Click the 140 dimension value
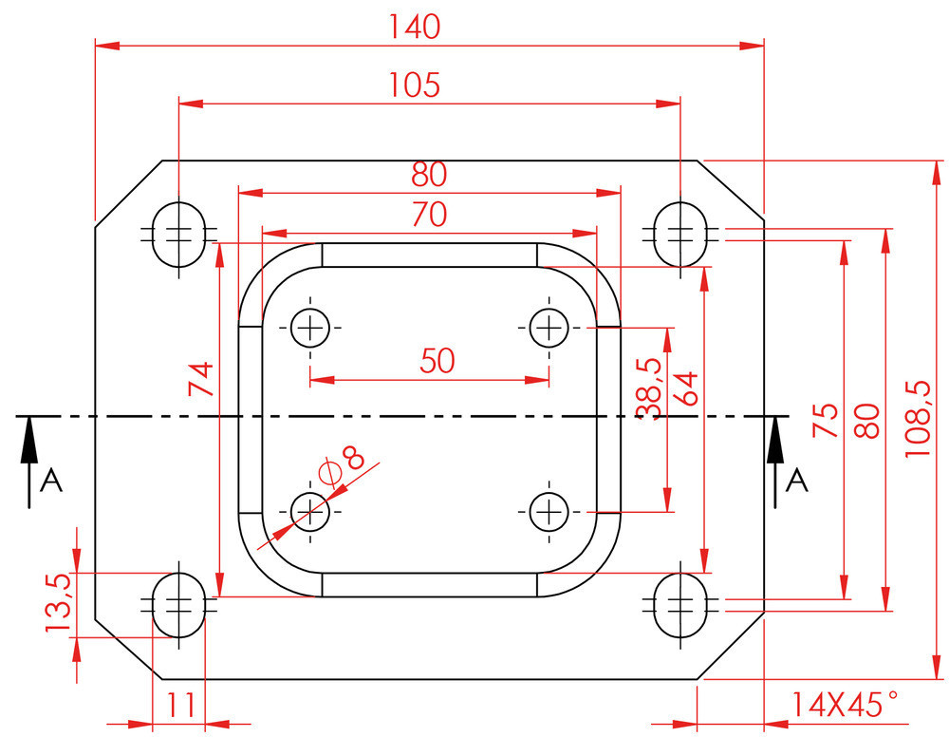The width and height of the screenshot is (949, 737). (x=415, y=28)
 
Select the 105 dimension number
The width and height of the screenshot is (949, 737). (x=415, y=85)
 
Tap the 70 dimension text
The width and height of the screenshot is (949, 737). (x=429, y=216)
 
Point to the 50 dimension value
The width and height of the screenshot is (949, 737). (x=437, y=361)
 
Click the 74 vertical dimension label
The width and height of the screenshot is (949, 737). (x=201, y=379)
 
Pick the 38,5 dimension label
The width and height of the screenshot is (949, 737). (x=649, y=387)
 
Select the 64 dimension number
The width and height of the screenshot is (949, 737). (x=685, y=387)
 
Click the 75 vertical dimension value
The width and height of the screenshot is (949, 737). (x=826, y=419)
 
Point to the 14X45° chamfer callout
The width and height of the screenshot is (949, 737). (x=844, y=705)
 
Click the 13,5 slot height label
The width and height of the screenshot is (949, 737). (x=58, y=603)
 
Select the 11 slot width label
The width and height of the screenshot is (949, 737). (x=181, y=706)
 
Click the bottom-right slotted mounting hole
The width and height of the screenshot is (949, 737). (x=680, y=603)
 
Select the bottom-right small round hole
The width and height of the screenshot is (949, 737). (x=548, y=513)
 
